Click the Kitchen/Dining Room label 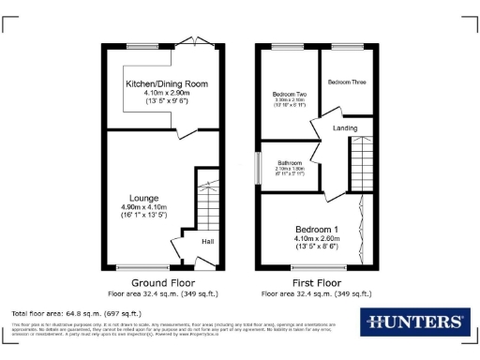167,83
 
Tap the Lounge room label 143,198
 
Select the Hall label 207,240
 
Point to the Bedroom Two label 290,95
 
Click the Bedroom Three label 346,82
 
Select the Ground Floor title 162,282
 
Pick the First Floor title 315,282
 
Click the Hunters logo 412,322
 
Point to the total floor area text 76,312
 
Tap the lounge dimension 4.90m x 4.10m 143,207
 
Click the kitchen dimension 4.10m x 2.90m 167,93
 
